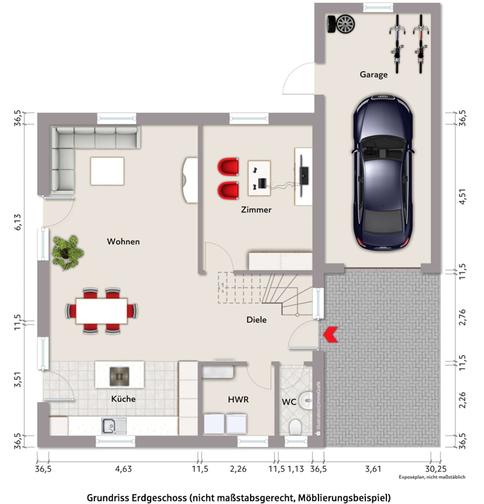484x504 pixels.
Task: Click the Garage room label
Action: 374,74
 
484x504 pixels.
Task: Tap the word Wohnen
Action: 123,242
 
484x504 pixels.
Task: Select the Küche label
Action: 123,399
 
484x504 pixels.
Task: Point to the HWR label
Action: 238,399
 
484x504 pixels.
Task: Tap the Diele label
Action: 256,320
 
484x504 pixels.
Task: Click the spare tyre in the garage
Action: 341,24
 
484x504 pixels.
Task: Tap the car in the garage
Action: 383,173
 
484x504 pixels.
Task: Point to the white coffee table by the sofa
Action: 107,171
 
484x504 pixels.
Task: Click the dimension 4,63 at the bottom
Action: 123,469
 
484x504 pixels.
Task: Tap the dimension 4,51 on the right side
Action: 462,196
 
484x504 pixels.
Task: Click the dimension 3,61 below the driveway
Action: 373,469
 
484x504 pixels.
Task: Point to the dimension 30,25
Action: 436,469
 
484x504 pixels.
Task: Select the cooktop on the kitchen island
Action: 119,377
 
